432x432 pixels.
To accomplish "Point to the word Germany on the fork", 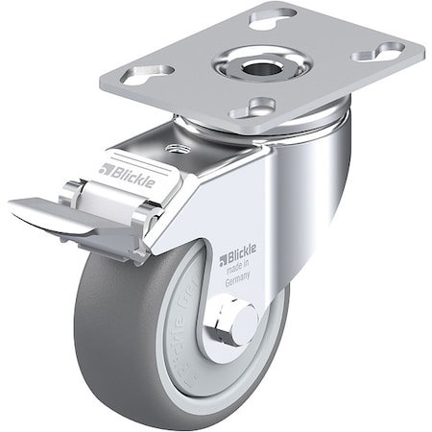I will (238, 276).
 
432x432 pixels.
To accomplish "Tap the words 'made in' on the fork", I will (239, 267).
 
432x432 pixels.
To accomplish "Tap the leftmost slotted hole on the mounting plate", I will (147, 73).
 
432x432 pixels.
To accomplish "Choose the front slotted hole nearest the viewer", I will (253, 108).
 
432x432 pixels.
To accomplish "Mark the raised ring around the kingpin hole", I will (278, 65).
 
